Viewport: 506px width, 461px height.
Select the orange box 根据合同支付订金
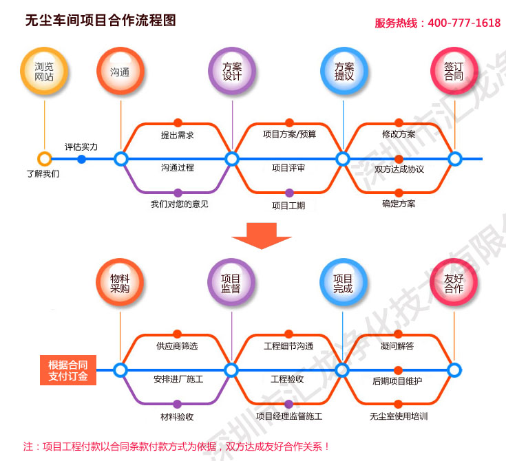click(68, 370)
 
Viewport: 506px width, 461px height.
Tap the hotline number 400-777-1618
click(464, 23)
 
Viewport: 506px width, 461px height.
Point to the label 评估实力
click(81, 147)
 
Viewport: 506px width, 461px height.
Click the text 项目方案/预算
click(289, 134)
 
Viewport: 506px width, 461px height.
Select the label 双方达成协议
click(399, 169)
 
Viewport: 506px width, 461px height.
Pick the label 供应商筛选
click(177, 346)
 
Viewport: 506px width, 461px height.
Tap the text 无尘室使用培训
click(399, 416)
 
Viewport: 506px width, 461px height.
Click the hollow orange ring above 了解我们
click(44, 159)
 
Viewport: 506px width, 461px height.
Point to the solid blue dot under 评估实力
click(82, 160)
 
